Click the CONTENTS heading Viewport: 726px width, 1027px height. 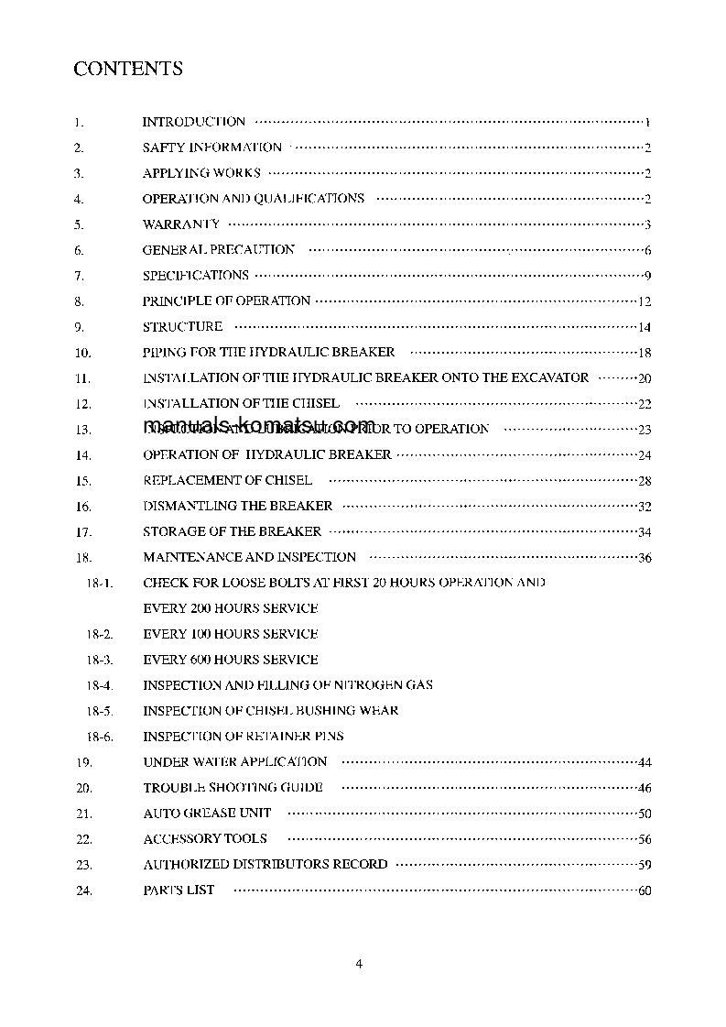(x=128, y=69)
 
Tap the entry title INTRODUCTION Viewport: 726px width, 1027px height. (x=194, y=121)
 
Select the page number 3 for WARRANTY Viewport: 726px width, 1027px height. (x=647, y=224)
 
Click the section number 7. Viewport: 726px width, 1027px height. (x=79, y=276)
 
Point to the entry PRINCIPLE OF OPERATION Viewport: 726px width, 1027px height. (x=227, y=300)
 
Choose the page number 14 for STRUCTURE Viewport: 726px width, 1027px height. (x=645, y=327)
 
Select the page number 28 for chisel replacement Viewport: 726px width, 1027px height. (x=645, y=481)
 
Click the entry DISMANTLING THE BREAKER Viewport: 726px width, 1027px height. (x=238, y=506)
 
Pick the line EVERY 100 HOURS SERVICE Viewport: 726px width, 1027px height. (x=231, y=634)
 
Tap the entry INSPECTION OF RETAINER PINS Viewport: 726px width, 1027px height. (x=244, y=736)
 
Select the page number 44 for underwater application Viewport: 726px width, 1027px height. (x=645, y=763)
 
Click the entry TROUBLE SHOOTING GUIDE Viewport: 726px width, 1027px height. (x=233, y=787)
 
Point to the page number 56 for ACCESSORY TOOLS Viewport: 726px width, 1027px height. (x=645, y=839)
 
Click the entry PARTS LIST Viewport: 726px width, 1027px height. (x=179, y=890)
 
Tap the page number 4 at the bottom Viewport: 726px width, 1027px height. (x=359, y=963)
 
